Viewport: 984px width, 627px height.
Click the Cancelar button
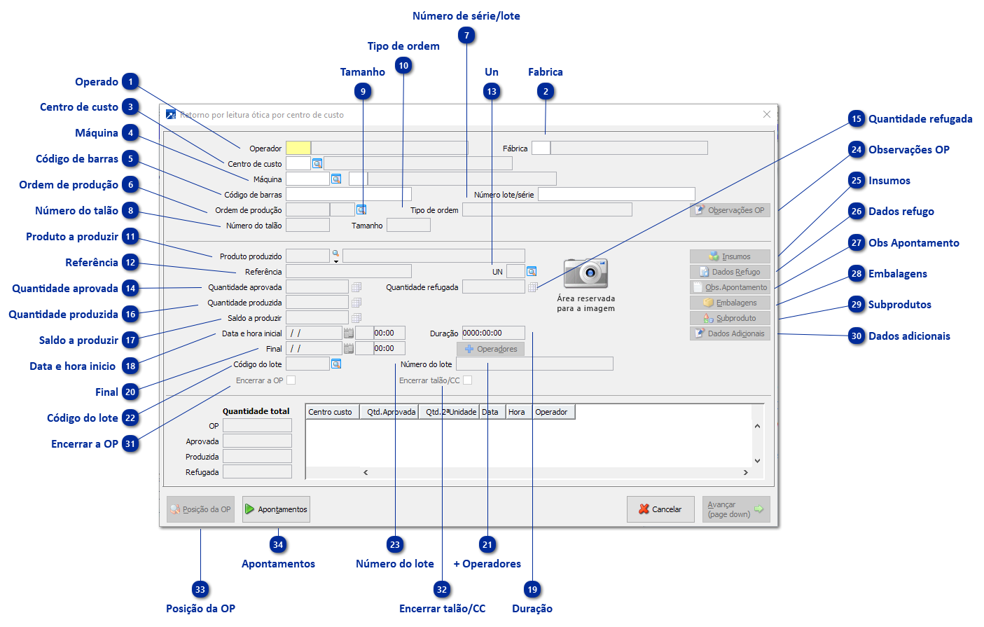[660, 509]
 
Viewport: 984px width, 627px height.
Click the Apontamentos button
[276, 509]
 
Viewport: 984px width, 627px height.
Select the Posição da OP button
[200, 509]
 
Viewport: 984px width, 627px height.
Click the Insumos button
[730, 256]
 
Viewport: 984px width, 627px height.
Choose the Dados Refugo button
[730, 272]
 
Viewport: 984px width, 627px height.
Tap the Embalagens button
[730, 303]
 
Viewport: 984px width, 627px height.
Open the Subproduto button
[730, 318]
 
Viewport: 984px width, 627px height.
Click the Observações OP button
[730, 210]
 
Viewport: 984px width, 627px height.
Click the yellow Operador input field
[298, 148]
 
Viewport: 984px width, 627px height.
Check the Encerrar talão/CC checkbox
[468, 380]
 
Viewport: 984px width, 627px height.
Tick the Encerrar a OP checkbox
[291, 380]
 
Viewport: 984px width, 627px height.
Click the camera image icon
[585, 273]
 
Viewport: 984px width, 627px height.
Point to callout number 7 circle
[467, 36]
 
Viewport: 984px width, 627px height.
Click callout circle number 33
[200, 590]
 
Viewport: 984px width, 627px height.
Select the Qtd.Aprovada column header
[391, 412]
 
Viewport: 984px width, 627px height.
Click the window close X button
[767, 114]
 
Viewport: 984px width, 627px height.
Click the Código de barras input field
[348, 194]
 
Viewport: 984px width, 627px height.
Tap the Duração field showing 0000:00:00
[493, 333]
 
